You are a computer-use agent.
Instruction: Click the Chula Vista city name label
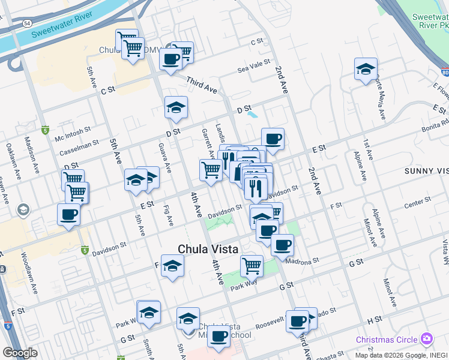point(208,249)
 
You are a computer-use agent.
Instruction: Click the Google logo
point(20,353)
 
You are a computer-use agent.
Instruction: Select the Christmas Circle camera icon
point(427,339)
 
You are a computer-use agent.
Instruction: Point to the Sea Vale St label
point(255,66)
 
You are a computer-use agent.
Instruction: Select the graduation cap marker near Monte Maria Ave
point(365,69)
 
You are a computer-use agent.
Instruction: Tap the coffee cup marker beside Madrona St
point(282,244)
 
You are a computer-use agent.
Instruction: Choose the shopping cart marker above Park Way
point(252,265)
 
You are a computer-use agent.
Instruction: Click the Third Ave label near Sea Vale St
point(201,84)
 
